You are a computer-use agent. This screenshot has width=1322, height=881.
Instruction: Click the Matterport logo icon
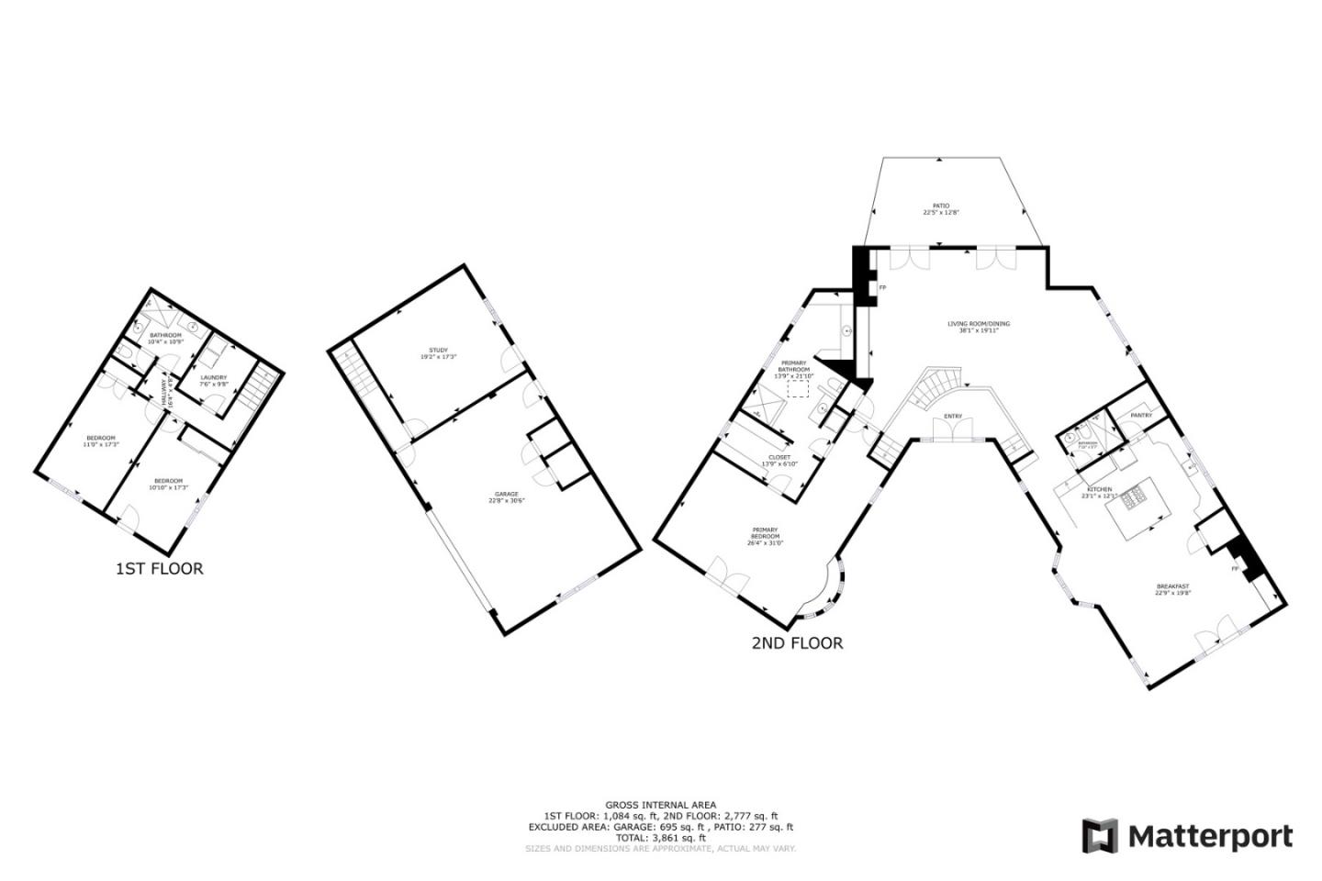click(x=1100, y=836)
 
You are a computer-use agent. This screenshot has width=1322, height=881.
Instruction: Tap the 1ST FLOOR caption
click(x=159, y=569)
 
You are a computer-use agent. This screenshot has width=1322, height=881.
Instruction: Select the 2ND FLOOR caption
click(x=797, y=643)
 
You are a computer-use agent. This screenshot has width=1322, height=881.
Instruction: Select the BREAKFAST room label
click(x=1172, y=588)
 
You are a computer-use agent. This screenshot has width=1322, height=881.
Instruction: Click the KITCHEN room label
click(x=1099, y=490)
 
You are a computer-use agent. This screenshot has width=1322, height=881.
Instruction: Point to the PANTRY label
click(x=1141, y=416)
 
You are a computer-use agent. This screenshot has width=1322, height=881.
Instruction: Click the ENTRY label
click(x=953, y=417)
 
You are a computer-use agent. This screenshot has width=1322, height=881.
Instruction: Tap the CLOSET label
click(x=779, y=458)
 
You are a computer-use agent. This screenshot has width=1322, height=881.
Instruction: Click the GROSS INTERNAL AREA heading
click(x=661, y=805)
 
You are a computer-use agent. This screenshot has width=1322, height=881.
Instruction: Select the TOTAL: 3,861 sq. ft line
click(x=661, y=838)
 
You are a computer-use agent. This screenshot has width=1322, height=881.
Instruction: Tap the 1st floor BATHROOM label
click(x=166, y=338)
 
